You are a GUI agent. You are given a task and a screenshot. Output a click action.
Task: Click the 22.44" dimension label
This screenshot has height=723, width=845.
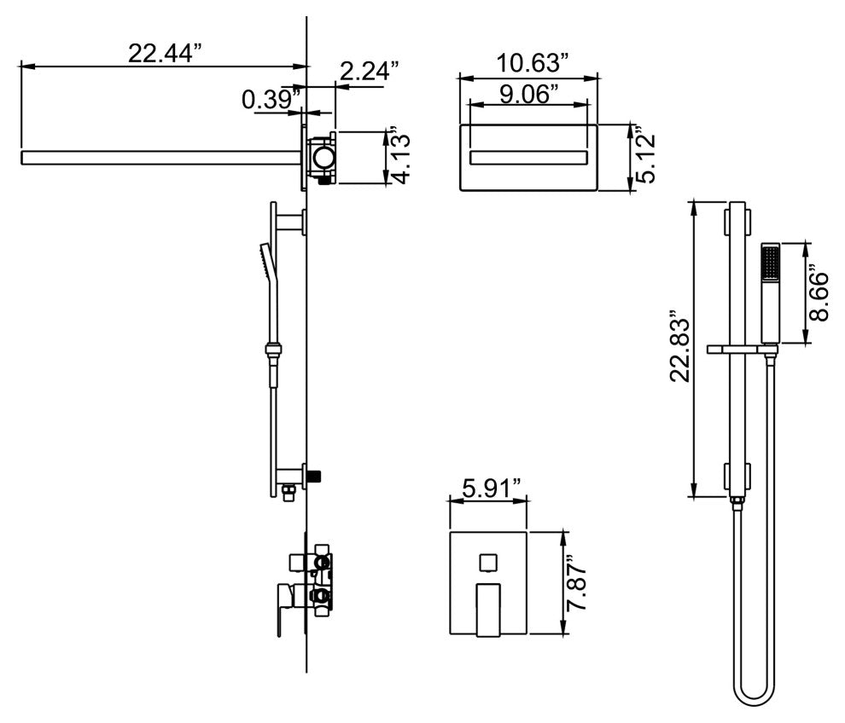pos(165,53)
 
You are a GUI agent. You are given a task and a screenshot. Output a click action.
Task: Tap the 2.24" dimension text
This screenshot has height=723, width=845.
pos(370,71)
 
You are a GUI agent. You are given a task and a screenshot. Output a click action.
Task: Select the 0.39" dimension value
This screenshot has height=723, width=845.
pos(271,100)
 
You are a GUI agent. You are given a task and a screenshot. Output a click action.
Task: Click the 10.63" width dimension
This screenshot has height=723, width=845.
pos(532,62)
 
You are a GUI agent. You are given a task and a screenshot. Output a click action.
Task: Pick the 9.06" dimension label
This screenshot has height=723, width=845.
pos(528,94)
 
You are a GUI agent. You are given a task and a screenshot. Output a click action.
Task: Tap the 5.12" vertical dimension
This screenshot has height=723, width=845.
pos(645,155)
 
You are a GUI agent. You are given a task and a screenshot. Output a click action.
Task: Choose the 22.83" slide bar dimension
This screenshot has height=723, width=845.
pos(679,346)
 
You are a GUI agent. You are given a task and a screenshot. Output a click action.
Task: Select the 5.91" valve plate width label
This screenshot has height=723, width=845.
pos(492,489)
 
